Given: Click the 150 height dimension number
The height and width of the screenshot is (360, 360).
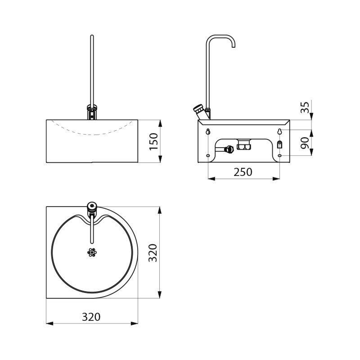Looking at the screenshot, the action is (x=154, y=142).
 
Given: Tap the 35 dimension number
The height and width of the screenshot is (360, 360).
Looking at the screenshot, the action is (x=305, y=107).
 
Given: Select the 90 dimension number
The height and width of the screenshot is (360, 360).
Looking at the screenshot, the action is (x=305, y=143).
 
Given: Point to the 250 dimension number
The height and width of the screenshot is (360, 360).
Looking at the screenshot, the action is (x=243, y=172).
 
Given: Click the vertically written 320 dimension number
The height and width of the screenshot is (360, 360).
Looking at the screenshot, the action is (x=153, y=253).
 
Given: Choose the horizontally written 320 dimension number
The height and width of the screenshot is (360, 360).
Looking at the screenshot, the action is (x=91, y=317).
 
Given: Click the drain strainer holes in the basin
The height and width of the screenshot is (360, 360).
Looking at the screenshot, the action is (x=92, y=252).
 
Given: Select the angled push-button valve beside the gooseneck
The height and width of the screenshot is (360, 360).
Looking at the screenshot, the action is (x=199, y=111).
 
